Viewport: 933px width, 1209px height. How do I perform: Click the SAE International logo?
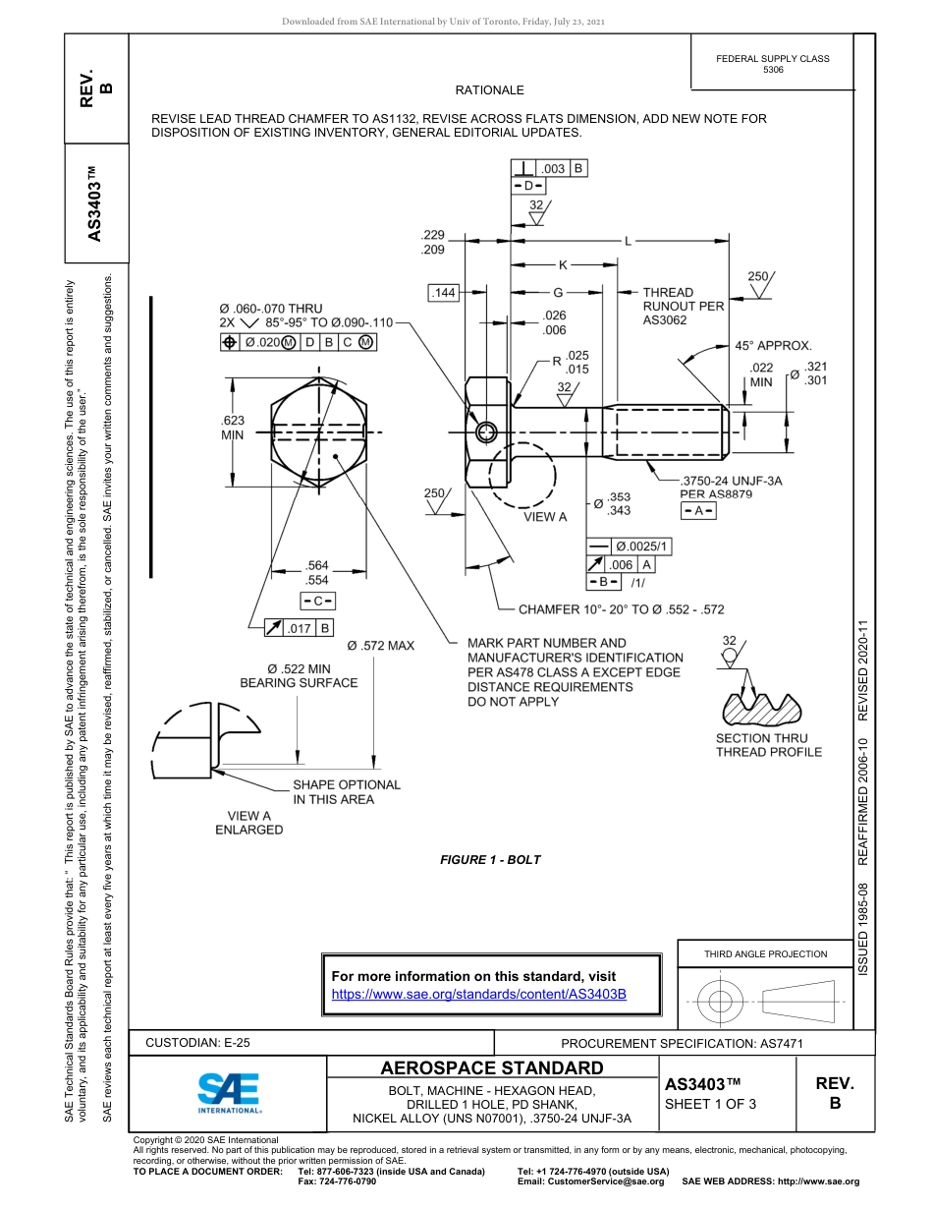pyautogui.click(x=229, y=1091)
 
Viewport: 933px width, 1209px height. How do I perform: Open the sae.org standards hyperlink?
pyautogui.click(x=478, y=995)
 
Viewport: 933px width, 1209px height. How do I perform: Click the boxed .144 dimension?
pyautogui.click(x=444, y=293)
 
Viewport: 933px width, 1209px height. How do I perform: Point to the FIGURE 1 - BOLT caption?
pyautogui.click(x=490, y=860)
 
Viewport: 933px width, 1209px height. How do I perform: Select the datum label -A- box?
pyautogui.click(x=698, y=511)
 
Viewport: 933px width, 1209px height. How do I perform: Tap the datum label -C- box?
pyautogui.click(x=317, y=601)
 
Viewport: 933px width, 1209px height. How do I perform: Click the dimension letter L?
pyautogui.click(x=628, y=240)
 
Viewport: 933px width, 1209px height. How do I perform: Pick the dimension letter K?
pyautogui.click(x=563, y=264)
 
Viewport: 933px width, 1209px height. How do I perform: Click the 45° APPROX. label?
pyautogui.click(x=773, y=346)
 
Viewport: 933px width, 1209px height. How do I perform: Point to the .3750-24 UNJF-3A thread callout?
pyautogui.click(x=731, y=481)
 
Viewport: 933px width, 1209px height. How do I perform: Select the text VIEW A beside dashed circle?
pyautogui.click(x=545, y=517)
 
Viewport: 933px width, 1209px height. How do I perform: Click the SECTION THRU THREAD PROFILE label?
pyautogui.click(x=769, y=745)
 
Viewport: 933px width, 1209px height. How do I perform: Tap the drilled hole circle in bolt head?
pyautogui.click(x=485, y=432)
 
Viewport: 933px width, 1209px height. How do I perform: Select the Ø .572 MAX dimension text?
pyautogui.click(x=381, y=646)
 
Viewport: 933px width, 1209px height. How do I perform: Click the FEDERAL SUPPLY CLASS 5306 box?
pyautogui.click(x=773, y=64)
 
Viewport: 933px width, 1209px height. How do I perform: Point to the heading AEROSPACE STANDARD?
pyautogui.click(x=492, y=1068)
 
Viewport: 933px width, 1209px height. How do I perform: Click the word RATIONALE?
pyautogui.click(x=490, y=90)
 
